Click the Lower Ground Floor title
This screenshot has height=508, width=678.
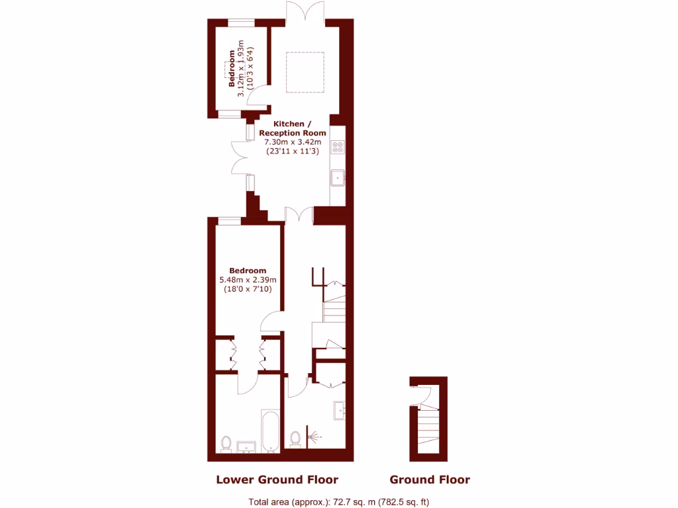277,480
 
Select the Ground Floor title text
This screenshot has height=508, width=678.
430,480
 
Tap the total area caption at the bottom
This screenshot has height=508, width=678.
338,501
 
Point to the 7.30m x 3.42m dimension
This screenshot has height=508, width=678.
292,142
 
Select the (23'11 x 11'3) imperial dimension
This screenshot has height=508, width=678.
292,151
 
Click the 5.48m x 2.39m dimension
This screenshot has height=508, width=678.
248,280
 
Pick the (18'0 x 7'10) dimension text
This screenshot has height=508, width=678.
248,289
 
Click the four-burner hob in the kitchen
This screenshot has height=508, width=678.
338,147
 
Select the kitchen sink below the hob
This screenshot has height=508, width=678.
338,177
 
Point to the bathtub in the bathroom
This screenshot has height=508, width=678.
270,431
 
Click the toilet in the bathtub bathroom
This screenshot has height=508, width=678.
226,443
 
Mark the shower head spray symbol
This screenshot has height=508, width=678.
316,437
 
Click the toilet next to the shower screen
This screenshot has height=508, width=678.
295,439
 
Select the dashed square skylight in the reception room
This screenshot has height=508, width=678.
305,73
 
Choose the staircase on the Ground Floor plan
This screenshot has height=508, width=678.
429,430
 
